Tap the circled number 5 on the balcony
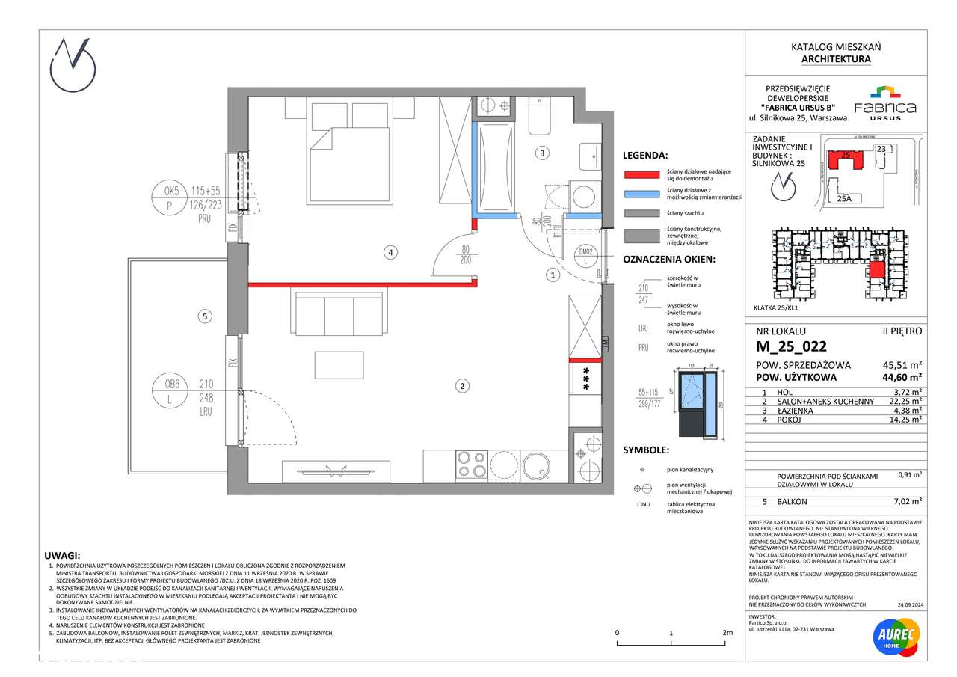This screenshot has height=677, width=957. click(x=206, y=316)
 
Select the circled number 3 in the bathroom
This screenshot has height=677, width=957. click(x=543, y=153)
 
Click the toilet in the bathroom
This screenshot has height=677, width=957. click(x=539, y=117)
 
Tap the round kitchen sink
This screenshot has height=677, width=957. click(x=536, y=465)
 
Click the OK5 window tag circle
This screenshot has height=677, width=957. click(x=170, y=198)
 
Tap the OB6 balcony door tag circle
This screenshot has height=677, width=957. click(x=171, y=391)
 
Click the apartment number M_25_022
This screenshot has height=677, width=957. click(x=791, y=346)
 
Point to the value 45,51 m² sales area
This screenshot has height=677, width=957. click(x=902, y=365)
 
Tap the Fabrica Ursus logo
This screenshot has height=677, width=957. click(x=884, y=102)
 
